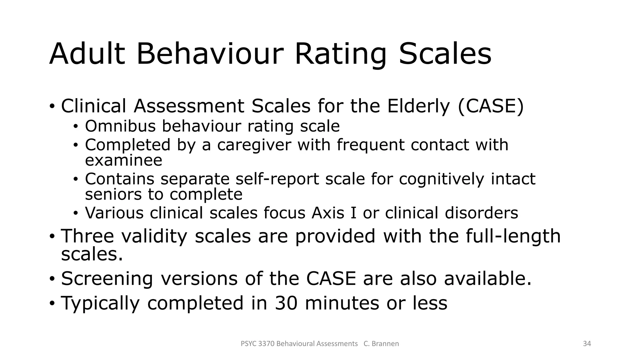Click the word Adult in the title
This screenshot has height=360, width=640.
[87, 54]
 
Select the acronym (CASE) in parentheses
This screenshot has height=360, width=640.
[491, 106]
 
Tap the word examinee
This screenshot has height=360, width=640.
[123, 160]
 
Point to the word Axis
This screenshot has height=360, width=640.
[330, 213]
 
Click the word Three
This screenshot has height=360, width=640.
[87, 236]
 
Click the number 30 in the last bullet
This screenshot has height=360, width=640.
[286, 303]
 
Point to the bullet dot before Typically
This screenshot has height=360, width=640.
[52, 303]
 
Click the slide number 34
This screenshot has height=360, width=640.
[587, 344]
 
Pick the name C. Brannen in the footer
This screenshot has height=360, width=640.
[381, 344]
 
